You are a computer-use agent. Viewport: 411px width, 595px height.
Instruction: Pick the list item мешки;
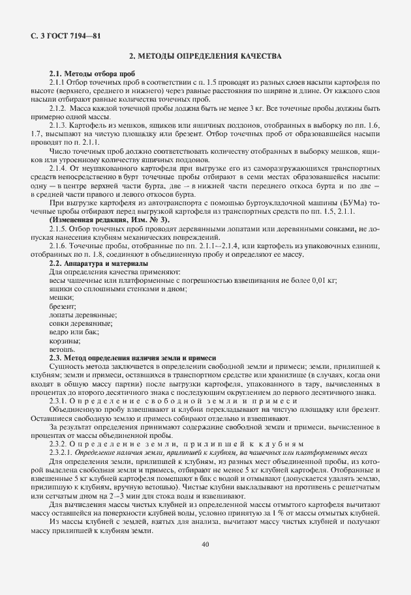click(61, 297)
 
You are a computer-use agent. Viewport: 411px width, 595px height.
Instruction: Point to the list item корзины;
click(65, 340)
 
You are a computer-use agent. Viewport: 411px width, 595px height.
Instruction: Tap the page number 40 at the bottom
click(205, 544)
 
